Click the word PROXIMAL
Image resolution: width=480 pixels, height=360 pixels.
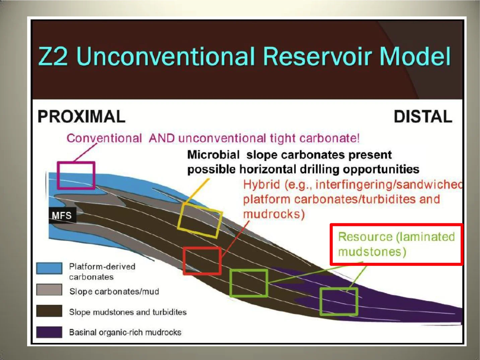tap(81, 117)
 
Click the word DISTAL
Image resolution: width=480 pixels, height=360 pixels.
tap(423, 117)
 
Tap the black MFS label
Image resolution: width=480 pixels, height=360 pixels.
tap(62, 215)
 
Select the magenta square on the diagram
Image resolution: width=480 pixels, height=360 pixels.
tap(76, 175)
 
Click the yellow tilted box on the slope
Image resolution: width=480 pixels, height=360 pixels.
tap(200, 220)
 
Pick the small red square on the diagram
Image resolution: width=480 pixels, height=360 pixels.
tap(202, 261)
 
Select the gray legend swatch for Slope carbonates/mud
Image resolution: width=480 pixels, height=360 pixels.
tap(49, 290)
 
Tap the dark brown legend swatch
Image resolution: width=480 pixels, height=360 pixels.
tap(49, 311)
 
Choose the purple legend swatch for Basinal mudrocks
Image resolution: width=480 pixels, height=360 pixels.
tap(49, 332)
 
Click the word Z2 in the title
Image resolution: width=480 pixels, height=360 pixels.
tap(53, 56)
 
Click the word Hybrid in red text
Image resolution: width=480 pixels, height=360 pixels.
tap(261, 185)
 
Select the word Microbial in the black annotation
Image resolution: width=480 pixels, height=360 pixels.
tap(213, 155)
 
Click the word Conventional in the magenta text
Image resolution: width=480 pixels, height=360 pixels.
tap(104, 138)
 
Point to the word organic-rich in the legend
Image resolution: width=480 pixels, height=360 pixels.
tap(122, 333)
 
